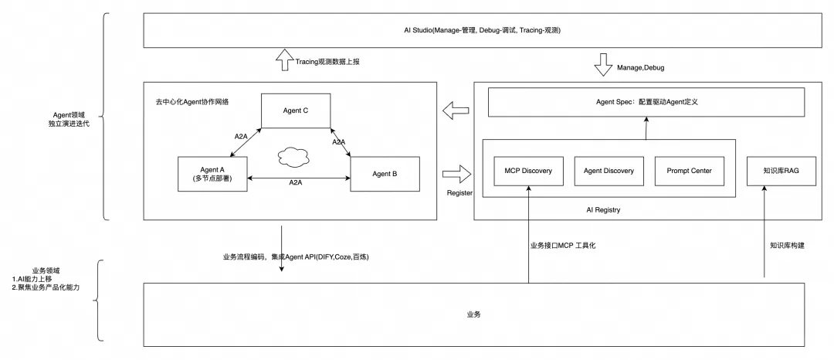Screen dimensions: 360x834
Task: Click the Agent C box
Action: pos(296,111)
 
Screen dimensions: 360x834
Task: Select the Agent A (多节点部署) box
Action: pos(212,174)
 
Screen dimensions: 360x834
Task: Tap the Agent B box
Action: pos(385,174)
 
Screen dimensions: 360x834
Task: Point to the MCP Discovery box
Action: pos(528,172)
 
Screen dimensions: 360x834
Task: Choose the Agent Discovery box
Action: pos(609,172)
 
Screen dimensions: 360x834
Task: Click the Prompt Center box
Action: pos(689,172)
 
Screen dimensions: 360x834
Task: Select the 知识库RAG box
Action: pos(775,172)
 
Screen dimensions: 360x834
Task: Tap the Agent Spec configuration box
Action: pos(646,102)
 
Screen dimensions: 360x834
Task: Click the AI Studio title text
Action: pos(482,29)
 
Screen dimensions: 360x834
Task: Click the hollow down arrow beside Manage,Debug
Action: pos(602,65)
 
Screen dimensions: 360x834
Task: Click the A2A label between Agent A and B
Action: pos(295,183)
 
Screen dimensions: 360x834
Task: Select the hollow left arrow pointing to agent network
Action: pos(456,113)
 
